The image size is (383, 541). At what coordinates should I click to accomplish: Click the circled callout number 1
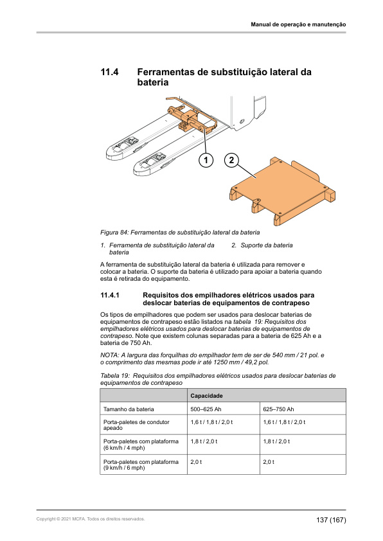click(x=206, y=160)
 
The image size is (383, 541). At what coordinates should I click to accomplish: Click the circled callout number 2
click(x=231, y=160)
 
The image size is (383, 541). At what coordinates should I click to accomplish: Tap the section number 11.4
click(x=109, y=72)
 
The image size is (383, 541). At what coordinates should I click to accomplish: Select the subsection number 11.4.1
click(x=110, y=296)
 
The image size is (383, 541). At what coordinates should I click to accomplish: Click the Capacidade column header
click(x=206, y=396)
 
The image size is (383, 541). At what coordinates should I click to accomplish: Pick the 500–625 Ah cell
click(x=206, y=409)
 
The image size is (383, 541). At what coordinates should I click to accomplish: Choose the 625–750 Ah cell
click(x=278, y=409)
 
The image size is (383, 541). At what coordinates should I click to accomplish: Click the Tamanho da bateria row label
click(x=129, y=409)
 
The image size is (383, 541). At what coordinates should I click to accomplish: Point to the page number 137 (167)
click(x=331, y=520)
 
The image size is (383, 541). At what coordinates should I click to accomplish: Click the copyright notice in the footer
click(x=91, y=519)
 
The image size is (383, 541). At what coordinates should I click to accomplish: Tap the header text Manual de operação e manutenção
click(x=298, y=24)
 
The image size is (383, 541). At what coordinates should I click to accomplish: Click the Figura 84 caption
click(x=180, y=232)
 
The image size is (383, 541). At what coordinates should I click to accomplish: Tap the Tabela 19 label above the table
click(x=115, y=376)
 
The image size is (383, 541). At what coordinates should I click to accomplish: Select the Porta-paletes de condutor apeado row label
click(x=136, y=425)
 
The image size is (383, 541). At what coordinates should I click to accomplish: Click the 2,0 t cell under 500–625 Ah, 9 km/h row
click(x=196, y=461)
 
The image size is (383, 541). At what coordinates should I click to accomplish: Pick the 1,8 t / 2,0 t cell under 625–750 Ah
click(x=276, y=441)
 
